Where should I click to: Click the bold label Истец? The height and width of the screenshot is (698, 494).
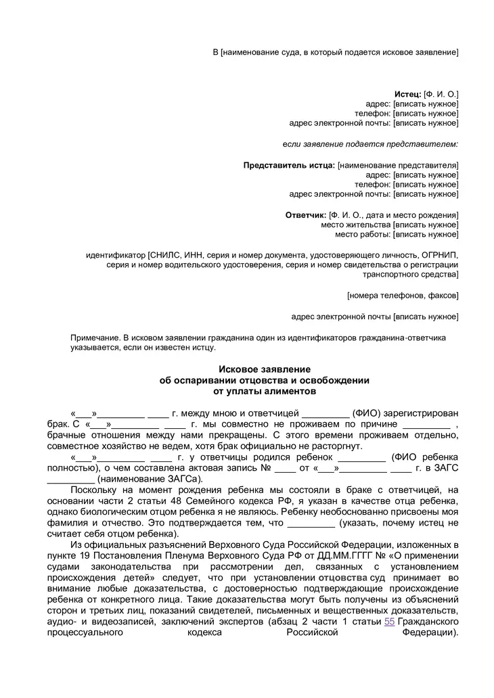click(x=407, y=93)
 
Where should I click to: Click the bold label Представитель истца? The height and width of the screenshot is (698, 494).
click(x=289, y=165)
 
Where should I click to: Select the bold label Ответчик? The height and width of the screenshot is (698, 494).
click(x=307, y=215)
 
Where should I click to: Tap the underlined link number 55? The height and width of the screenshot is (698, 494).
click(x=389, y=621)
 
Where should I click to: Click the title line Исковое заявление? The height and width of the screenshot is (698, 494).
click(x=264, y=369)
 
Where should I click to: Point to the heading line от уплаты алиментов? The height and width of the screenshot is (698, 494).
click(x=264, y=391)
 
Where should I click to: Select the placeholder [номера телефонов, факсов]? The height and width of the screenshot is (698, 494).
click(x=403, y=296)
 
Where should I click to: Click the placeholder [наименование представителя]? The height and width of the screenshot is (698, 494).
click(x=398, y=165)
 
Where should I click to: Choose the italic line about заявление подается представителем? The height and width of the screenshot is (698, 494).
click(x=369, y=144)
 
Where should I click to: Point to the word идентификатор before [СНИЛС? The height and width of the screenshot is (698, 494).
click(x=116, y=256)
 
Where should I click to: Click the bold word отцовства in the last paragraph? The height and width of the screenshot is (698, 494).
click(x=343, y=578)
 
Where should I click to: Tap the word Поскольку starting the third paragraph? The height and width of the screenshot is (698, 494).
click(x=94, y=490)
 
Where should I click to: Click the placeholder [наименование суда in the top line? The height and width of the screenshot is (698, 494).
click(x=259, y=52)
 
